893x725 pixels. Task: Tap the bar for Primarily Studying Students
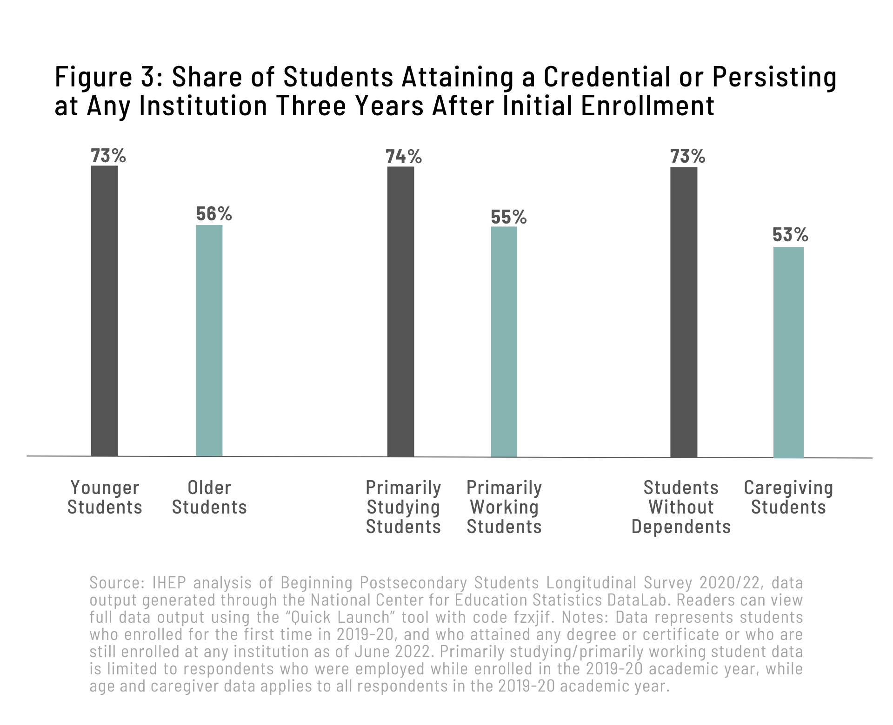pyautogui.click(x=400, y=311)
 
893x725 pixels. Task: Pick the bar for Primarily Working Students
pyautogui.click(x=504, y=342)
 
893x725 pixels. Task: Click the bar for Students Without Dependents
pyautogui.click(x=684, y=312)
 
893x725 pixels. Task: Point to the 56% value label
pyautogui.click(x=214, y=214)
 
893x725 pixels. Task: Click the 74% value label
pyautogui.click(x=403, y=157)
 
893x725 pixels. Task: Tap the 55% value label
pyautogui.click(x=508, y=217)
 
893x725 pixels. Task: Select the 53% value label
pyautogui.click(x=790, y=236)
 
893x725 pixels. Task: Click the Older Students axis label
pyautogui.click(x=209, y=497)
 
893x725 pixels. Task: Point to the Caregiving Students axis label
pyautogui.click(x=788, y=497)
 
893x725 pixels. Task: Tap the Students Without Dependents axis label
pyautogui.click(x=681, y=507)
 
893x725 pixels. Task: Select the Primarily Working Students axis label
pyautogui.click(x=504, y=507)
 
